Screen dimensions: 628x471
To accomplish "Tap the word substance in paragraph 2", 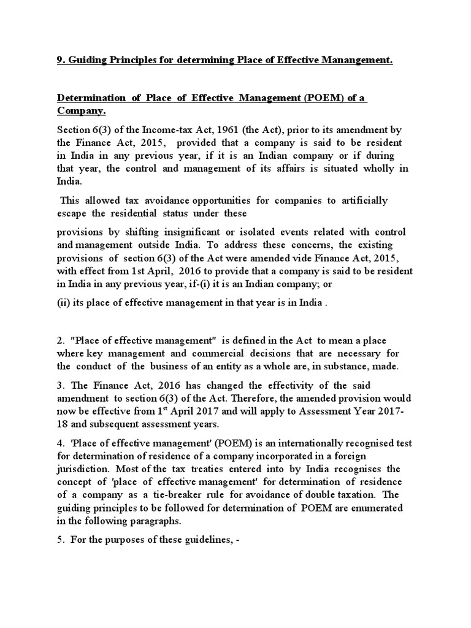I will click(341, 367).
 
